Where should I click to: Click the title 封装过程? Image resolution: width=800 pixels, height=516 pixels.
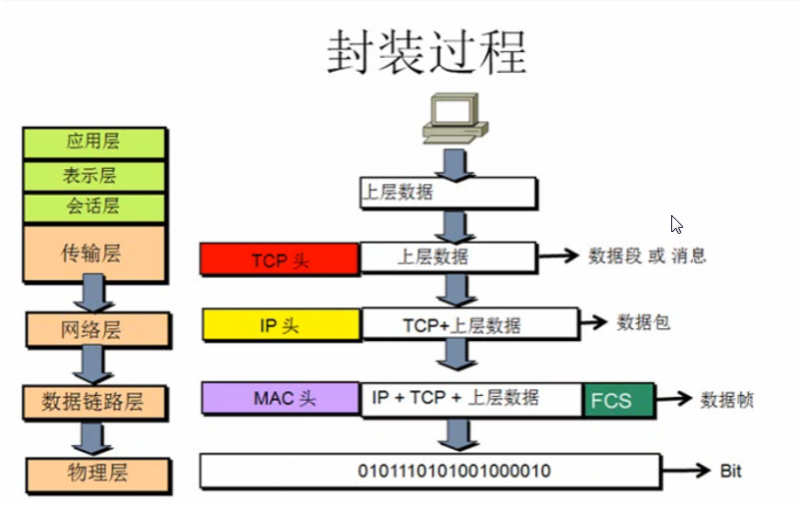click(425, 53)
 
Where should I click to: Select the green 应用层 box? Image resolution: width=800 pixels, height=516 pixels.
click(92, 143)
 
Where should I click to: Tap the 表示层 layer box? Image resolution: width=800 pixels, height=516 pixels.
click(92, 175)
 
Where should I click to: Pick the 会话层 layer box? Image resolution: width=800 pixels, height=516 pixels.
click(92, 207)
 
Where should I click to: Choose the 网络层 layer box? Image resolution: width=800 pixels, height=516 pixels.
click(92, 329)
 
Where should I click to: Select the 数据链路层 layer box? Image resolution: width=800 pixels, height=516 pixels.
click(93, 401)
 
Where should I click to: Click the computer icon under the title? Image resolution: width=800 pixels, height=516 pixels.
click(453, 117)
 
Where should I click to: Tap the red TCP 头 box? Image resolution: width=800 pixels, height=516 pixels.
click(280, 260)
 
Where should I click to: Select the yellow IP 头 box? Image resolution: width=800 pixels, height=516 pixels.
click(281, 325)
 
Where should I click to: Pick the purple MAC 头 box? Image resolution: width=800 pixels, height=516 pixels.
click(281, 398)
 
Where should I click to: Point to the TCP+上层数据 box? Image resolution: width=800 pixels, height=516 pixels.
click(469, 324)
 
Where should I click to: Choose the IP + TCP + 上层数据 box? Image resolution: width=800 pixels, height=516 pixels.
click(471, 397)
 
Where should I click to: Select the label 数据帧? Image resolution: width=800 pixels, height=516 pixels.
click(726, 400)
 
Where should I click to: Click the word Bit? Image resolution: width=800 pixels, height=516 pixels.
click(730, 471)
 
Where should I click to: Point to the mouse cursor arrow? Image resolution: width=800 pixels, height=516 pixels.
click(676, 224)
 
